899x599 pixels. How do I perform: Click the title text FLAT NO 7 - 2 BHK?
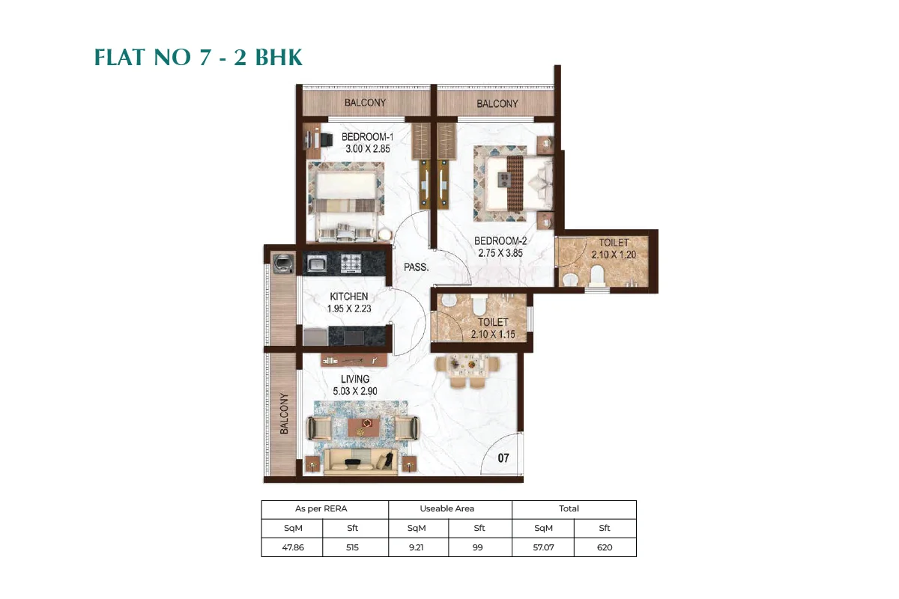click(199, 58)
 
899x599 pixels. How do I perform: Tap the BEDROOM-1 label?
click(367, 137)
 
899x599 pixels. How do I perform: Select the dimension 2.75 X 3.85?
click(500, 253)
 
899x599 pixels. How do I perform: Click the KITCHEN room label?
click(348, 297)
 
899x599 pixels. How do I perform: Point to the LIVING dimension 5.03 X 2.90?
click(355, 391)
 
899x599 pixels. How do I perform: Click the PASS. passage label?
click(416, 267)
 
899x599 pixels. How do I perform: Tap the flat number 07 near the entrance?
click(503, 458)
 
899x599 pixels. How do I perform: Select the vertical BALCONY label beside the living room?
click(285, 413)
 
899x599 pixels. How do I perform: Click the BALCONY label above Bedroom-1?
click(365, 103)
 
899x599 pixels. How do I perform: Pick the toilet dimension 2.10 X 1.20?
click(614, 255)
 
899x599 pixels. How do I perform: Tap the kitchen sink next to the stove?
click(315, 263)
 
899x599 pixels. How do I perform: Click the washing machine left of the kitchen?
click(283, 263)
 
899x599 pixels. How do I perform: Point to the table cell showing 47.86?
click(291, 547)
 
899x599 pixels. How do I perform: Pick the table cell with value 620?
click(605, 547)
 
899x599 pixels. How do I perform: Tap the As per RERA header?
click(324, 509)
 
